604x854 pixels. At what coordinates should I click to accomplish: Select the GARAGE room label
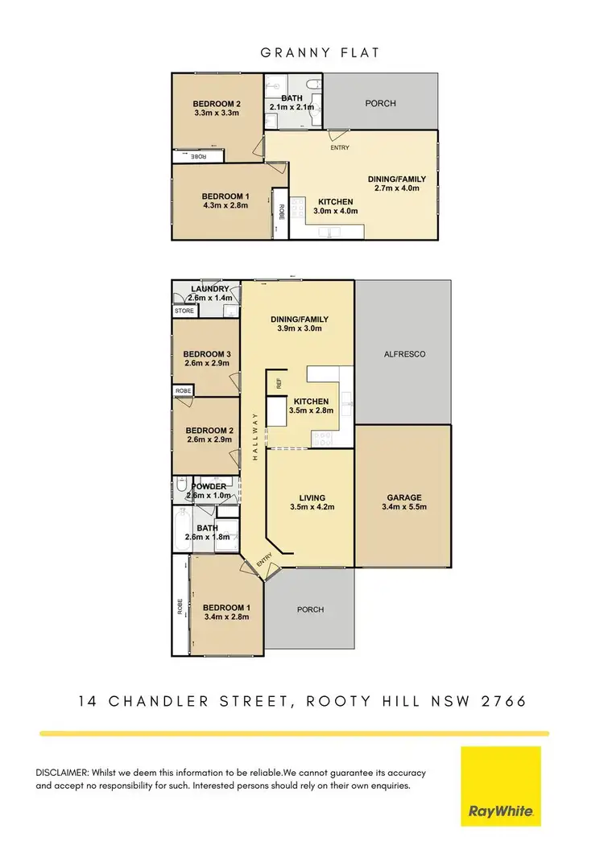pos(403,497)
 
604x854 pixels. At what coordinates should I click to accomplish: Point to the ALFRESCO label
pos(403,353)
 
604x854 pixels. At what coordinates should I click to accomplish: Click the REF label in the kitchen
pos(279,384)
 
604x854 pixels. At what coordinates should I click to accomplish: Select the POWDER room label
pos(208,486)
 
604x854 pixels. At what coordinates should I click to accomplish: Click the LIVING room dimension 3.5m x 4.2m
pos(312,507)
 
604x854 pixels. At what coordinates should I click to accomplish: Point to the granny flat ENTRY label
pos(338,148)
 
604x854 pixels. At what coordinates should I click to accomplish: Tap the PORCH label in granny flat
pos(380,103)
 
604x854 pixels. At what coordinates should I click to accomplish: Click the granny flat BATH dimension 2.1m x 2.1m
pos(292,107)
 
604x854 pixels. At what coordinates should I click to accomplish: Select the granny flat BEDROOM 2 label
pos(217,104)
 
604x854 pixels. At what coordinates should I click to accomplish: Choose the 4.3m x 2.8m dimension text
pos(225,206)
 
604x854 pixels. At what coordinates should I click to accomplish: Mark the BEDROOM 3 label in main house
pos(207,353)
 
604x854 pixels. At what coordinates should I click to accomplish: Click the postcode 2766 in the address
pos(504,701)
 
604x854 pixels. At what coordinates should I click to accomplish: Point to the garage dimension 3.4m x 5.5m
pos(403,507)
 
